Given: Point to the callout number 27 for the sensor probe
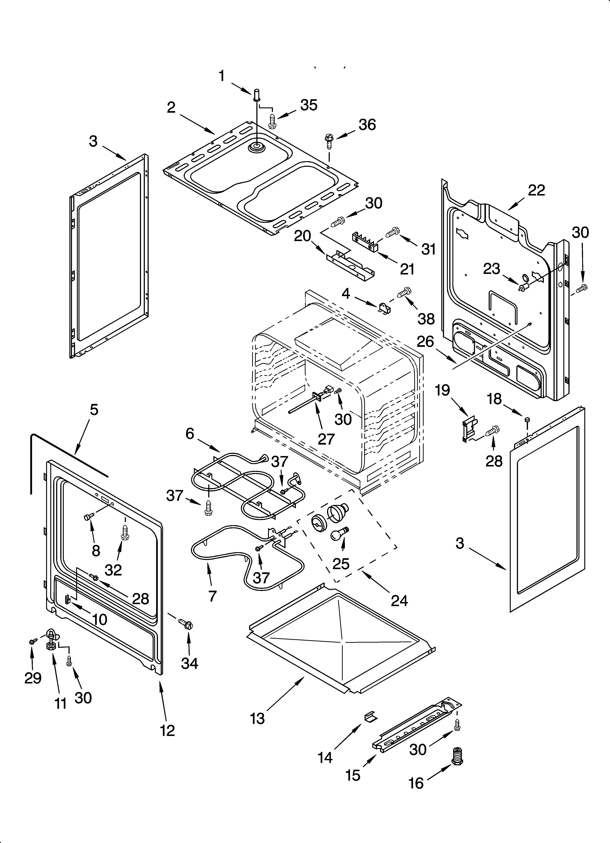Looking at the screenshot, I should (x=326, y=439).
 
